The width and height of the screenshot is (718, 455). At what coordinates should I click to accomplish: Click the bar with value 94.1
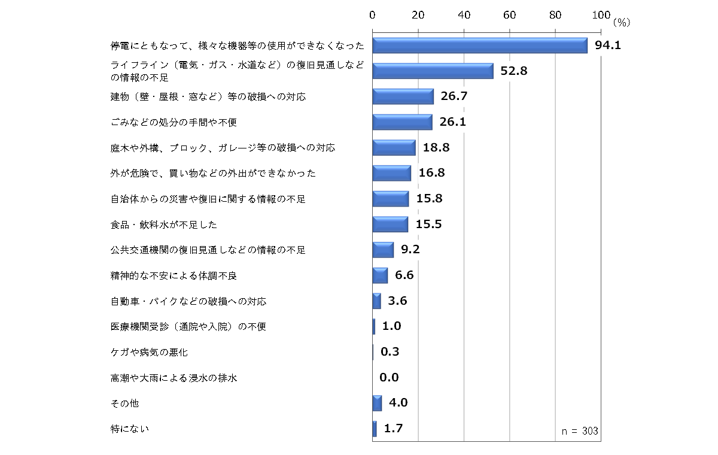(480, 45)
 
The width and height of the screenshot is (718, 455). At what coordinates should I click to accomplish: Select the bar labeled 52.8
(433, 71)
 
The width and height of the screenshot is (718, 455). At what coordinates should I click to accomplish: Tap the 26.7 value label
(454, 96)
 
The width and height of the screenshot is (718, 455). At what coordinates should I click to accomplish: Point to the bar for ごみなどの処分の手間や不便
(402, 122)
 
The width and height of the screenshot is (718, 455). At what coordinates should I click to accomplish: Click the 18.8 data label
(436, 147)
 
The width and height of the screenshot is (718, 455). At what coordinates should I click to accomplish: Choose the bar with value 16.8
(391, 173)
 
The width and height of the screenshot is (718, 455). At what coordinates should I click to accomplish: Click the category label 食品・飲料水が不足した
(163, 225)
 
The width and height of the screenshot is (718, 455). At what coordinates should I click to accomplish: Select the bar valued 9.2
(383, 250)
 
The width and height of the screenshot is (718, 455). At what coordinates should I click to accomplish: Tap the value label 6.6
(404, 275)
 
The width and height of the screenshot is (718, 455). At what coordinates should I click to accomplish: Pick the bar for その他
(377, 404)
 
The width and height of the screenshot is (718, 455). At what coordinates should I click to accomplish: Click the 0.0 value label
(389, 377)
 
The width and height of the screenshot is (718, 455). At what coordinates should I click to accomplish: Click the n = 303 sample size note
(580, 431)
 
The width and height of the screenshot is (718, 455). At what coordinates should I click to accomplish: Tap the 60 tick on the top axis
(509, 15)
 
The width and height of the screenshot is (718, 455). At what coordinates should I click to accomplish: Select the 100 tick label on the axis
(600, 15)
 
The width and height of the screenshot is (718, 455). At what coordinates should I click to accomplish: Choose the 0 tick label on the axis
(373, 15)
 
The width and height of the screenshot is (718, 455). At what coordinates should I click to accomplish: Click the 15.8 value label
(429, 198)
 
